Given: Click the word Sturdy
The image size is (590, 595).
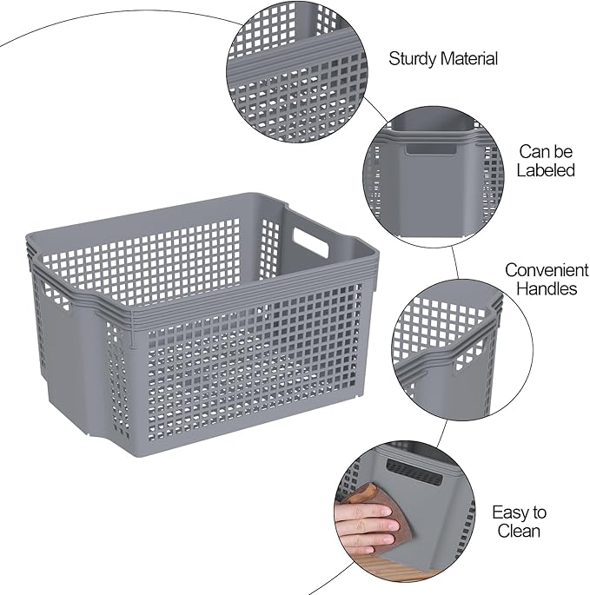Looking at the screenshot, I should point(413,59).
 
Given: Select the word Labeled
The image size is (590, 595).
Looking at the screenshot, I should point(546,170).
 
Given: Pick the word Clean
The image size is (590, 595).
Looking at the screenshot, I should point(519,531).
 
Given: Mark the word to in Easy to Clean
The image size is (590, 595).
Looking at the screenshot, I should point(539,512).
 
